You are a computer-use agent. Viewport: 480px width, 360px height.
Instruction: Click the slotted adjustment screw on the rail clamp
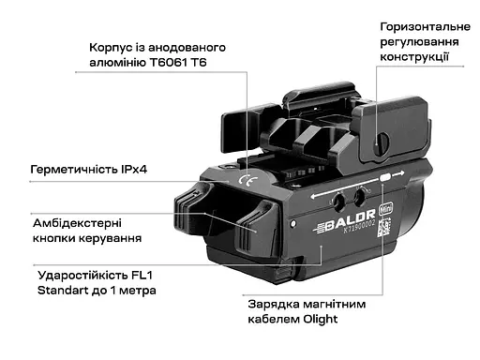click(x=382, y=141)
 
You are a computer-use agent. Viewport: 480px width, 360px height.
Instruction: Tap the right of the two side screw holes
click(x=360, y=196)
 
